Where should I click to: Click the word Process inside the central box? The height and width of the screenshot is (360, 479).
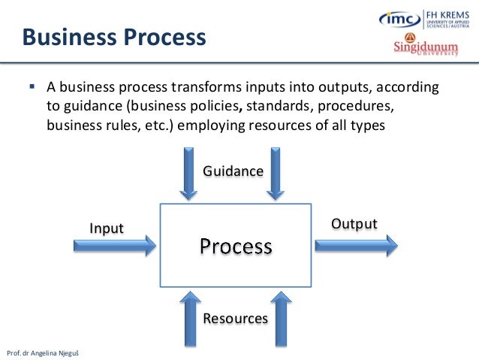click(236, 246)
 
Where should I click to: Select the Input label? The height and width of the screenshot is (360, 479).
click(107, 228)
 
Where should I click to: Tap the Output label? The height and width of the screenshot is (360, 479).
click(354, 224)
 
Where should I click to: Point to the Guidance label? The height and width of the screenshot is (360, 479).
click(233, 171)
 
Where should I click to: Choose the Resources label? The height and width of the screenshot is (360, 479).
click(235, 319)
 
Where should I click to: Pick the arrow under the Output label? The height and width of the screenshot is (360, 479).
click(356, 244)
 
